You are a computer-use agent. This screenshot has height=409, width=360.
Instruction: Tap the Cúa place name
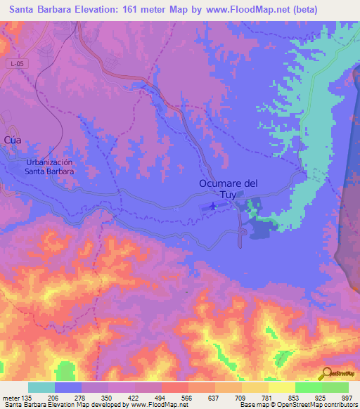[13, 140]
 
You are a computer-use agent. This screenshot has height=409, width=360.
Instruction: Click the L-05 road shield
[18, 64]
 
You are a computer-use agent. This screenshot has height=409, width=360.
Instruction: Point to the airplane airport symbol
[213, 207]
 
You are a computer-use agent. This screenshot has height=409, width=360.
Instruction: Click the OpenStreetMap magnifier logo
[326, 372]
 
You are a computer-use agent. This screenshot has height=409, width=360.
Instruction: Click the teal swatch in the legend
[41, 387]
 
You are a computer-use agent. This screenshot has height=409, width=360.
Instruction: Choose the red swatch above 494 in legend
[174, 387]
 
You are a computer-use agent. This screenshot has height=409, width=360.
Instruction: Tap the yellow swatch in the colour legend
[281, 387]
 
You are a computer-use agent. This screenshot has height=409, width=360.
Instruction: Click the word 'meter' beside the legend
[11, 397]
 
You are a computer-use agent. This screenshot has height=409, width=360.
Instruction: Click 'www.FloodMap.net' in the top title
[237, 10]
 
